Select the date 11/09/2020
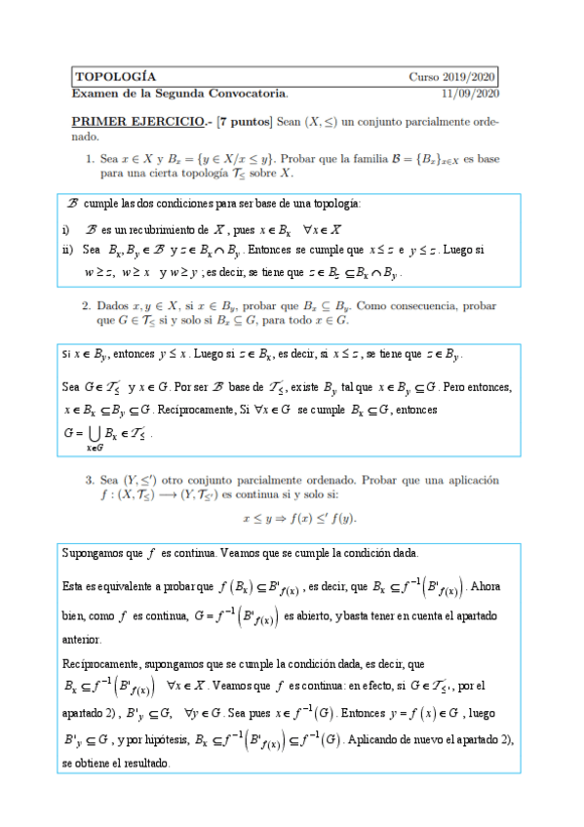tap(470, 93)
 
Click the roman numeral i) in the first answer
tap(65, 230)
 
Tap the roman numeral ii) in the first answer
tap(66, 249)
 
